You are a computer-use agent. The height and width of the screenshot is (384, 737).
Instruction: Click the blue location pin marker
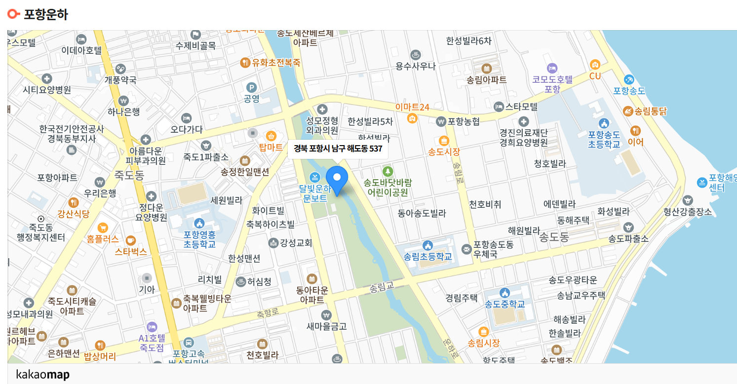(x=337, y=179)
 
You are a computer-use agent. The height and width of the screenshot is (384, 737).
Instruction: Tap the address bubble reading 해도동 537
(x=338, y=149)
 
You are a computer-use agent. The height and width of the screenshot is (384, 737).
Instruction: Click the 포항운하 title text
(x=46, y=14)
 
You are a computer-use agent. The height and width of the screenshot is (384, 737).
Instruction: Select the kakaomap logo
(x=42, y=375)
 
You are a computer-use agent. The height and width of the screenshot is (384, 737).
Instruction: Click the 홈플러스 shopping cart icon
(x=103, y=228)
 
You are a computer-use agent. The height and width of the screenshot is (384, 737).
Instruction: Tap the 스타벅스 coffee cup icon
(x=130, y=240)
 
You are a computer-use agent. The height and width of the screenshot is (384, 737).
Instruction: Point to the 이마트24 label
(x=412, y=107)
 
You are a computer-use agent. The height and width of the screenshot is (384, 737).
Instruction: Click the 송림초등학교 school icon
(x=427, y=245)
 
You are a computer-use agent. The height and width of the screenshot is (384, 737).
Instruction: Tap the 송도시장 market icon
(x=443, y=140)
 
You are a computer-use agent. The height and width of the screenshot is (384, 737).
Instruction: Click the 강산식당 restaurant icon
(x=74, y=202)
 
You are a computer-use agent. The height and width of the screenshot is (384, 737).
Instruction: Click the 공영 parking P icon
(x=252, y=88)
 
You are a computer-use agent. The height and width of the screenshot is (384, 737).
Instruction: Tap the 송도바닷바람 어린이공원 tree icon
(x=388, y=171)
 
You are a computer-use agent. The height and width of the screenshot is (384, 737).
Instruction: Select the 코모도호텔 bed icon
(x=552, y=68)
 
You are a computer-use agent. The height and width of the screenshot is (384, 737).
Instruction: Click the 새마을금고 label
(x=326, y=326)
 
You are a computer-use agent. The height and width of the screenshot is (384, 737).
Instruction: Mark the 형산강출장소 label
(x=688, y=212)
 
